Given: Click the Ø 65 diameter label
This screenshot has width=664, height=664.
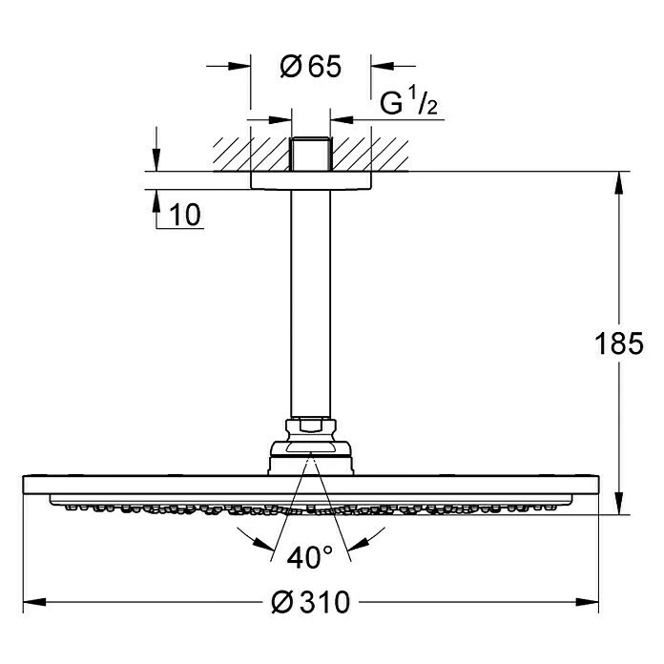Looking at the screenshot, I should click(310, 67).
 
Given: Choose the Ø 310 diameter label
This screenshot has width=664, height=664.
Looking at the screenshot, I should click(311, 602).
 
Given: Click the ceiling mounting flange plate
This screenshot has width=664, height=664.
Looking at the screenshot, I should click(311, 180).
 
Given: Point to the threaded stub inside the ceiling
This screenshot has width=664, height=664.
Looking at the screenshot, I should click(311, 156).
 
